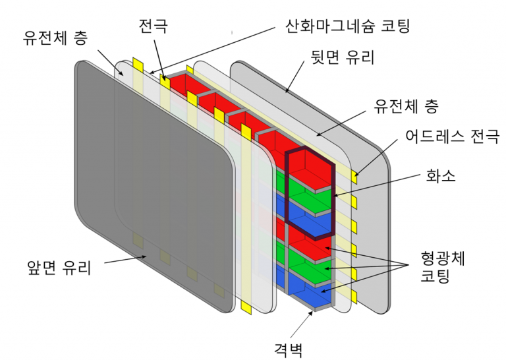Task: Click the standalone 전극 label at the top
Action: coord(154,26)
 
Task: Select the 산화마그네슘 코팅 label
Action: coord(347,26)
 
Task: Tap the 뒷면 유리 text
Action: coord(343,57)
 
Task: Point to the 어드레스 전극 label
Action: coord(453,136)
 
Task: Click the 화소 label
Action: coord(441,176)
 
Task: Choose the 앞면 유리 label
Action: coord(59,267)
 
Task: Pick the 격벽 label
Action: coord(288,349)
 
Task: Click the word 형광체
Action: coord(443,258)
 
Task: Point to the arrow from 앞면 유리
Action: coord(126,260)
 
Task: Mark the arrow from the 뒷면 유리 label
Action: coord(295,76)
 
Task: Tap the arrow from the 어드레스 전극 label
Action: coord(376,158)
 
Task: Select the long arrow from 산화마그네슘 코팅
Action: coord(213,50)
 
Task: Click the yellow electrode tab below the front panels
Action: coord(246,307)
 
